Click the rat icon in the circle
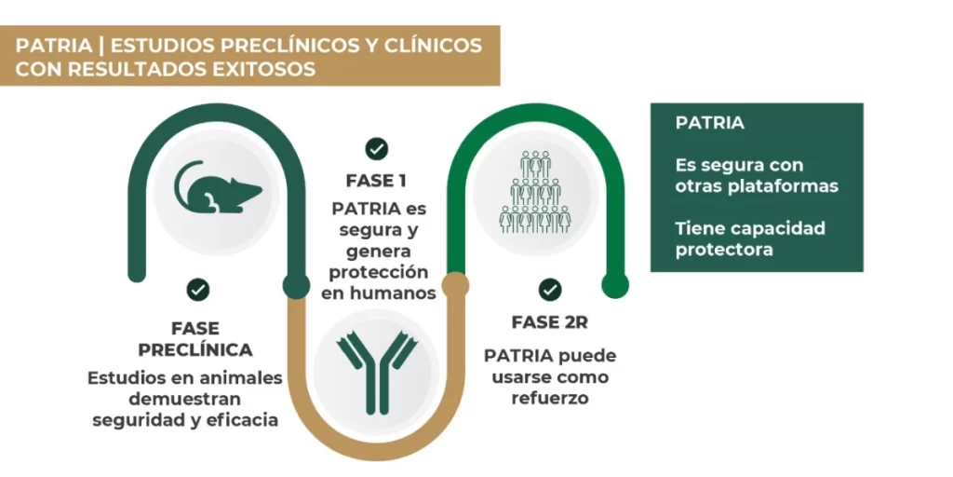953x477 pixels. [220, 187]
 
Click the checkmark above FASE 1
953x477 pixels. [376, 148]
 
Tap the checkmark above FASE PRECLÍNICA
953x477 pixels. [197, 289]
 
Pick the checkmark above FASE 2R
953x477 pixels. [550, 289]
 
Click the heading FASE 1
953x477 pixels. [376, 180]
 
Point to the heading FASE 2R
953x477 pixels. [550, 322]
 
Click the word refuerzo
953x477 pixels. [550, 398]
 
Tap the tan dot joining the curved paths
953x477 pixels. [455, 283]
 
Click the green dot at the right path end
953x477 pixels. [615, 285]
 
